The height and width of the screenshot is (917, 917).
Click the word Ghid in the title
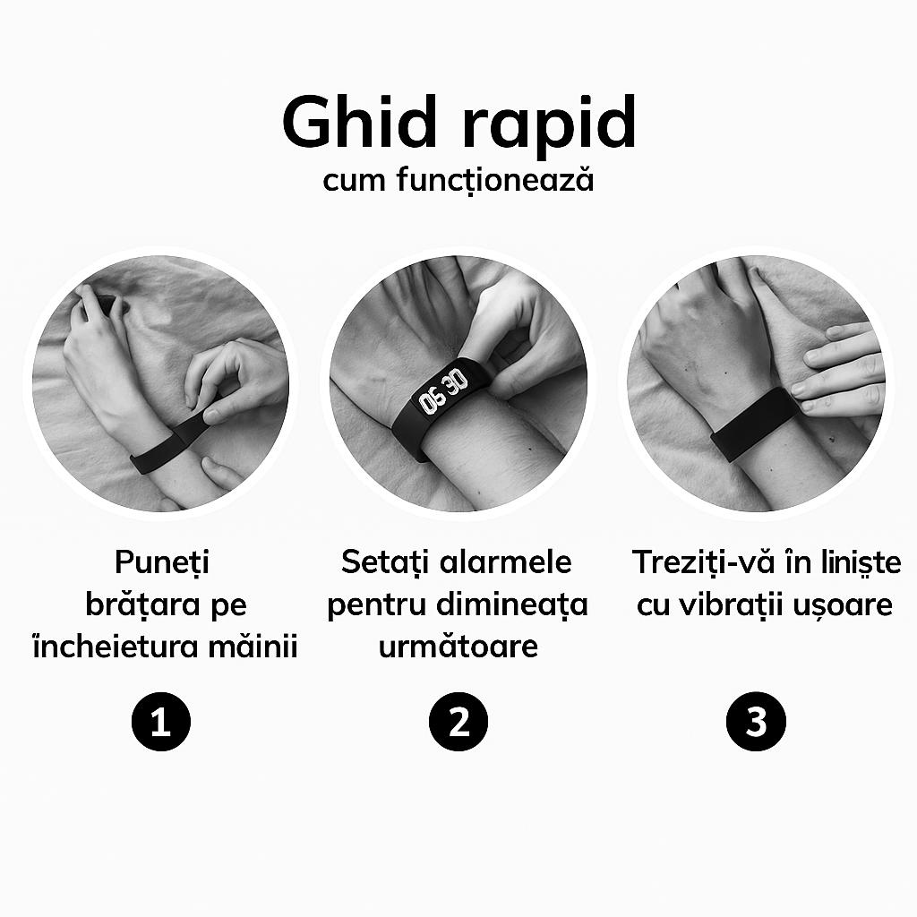(x=359, y=122)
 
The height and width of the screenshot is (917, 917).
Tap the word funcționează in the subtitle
(x=495, y=179)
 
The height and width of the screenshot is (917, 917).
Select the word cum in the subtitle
(x=355, y=181)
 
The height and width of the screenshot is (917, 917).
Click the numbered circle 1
(x=161, y=721)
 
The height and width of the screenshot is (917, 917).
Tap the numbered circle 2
(x=458, y=721)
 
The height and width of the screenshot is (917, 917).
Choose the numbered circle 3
(x=756, y=721)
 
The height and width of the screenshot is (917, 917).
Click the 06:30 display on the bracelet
(x=444, y=391)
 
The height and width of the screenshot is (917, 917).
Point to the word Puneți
(x=162, y=563)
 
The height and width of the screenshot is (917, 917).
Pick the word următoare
(x=458, y=647)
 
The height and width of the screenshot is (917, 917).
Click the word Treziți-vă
(x=705, y=562)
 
